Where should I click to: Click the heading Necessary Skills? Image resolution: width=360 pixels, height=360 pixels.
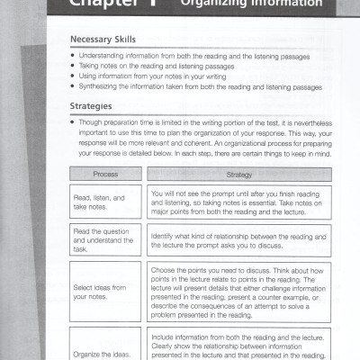pos(103,40)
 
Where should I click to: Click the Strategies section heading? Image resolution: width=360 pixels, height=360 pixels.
pos(91,106)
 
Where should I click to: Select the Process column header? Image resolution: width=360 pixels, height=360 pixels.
pos(104,174)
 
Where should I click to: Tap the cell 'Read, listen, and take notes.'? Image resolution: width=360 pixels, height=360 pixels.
pos(104,202)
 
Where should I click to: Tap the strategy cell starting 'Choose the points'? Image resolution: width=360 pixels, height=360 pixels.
pos(238,291)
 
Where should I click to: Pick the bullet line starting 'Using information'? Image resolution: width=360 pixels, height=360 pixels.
pos(148,76)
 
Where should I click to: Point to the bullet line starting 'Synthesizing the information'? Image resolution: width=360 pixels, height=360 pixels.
pos(199,87)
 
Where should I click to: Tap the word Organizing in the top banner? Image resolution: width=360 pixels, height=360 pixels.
pos(212,4)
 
